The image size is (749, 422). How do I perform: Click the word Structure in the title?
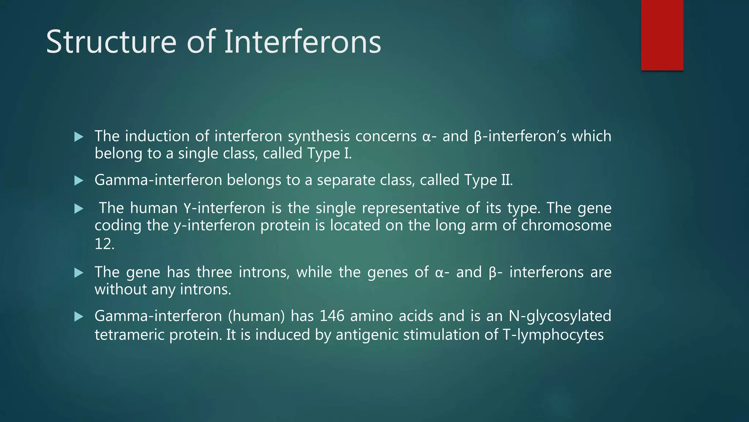pos(111,42)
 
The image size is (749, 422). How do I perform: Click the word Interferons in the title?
pos(302,42)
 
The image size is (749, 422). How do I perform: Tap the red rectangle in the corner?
pos(662,35)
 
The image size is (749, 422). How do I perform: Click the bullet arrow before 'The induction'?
pos(79,137)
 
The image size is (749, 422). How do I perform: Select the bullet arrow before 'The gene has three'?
pos(79,273)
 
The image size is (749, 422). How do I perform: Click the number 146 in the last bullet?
pos(332,316)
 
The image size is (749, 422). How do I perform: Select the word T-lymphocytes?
pos(553,335)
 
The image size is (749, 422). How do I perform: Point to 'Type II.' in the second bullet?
pos(488,180)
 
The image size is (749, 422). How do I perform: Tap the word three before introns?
pos(214,272)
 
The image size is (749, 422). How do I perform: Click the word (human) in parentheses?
pos(256,316)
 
